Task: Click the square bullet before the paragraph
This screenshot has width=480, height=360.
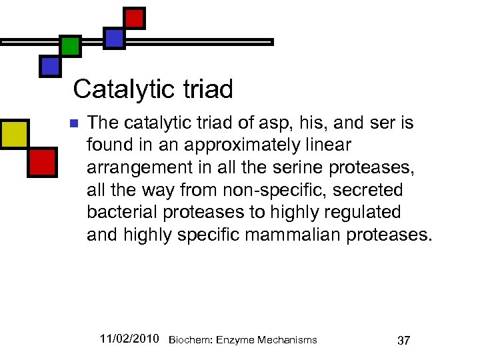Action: [x=74, y=123]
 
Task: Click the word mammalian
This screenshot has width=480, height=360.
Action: [x=308, y=234]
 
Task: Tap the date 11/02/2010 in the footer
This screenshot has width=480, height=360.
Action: [x=129, y=339]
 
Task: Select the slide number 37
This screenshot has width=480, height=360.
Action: [x=403, y=341]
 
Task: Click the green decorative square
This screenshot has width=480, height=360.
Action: [x=70, y=46]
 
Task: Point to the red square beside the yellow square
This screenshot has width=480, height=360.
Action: [x=42, y=161]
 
